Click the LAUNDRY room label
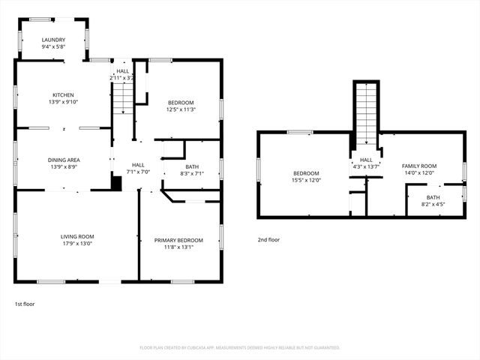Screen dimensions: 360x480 click(x=53, y=40)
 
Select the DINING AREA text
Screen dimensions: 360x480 click(x=64, y=160)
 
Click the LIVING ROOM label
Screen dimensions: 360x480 click(x=77, y=237)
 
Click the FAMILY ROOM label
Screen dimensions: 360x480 click(x=419, y=165)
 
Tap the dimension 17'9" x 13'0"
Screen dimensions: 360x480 click(x=77, y=244)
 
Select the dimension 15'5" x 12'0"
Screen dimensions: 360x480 click(x=306, y=180)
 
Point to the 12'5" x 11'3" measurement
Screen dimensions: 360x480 click(x=181, y=109)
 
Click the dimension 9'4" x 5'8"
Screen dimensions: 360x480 click(x=53, y=46)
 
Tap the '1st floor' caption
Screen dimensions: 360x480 click(x=25, y=304)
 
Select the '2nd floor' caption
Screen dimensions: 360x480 click(x=268, y=240)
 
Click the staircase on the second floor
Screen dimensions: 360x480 click(x=366, y=112)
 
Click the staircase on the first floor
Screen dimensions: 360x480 click(x=122, y=97)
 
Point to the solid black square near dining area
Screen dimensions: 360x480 click(x=116, y=182)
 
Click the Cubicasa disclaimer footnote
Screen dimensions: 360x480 click(x=239, y=347)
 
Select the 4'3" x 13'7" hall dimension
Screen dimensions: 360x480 click(x=366, y=166)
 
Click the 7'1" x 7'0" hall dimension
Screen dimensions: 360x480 click(x=139, y=171)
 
